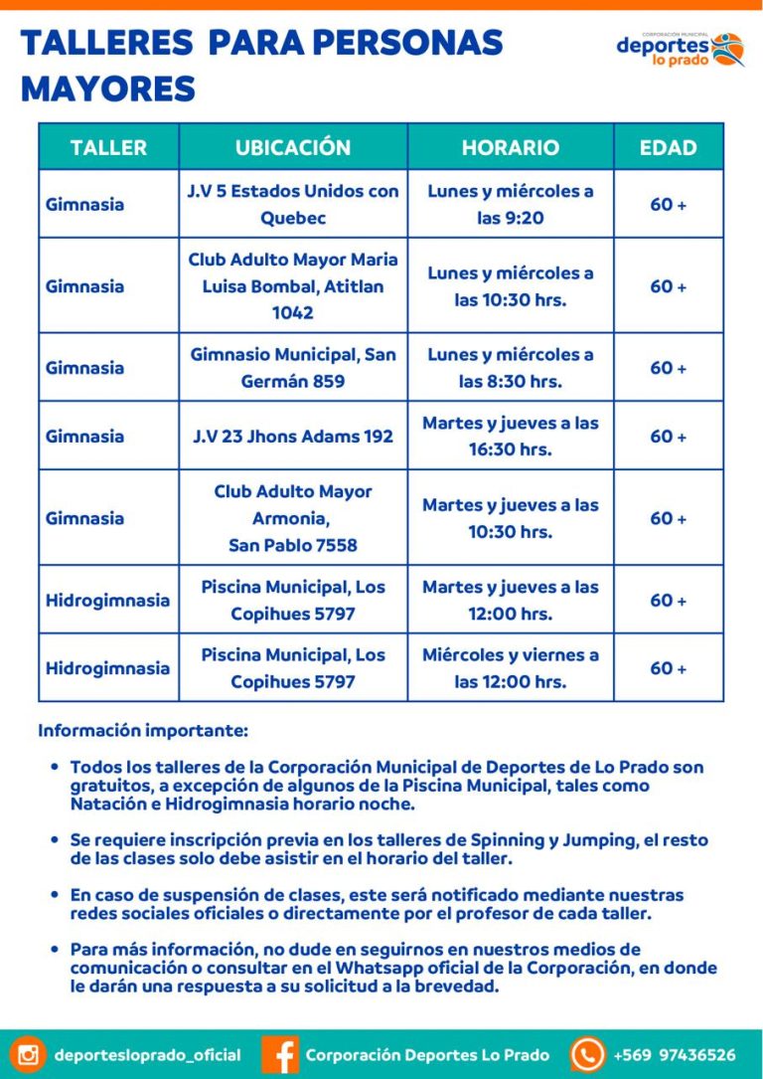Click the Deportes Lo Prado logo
point(680,49)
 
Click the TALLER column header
point(108,147)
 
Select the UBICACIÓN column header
point(293,147)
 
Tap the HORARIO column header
point(511,147)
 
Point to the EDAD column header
point(668,147)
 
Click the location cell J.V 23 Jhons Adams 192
point(293,436)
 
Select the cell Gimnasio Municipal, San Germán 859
point(293,368)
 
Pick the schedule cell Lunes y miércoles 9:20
point(511,204)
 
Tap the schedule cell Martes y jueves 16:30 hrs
point(511,436)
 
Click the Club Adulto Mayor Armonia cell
point(293,518)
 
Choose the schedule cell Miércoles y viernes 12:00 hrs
point(511,668)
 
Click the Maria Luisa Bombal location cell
point(293,286)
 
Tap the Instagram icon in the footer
point(29,1054)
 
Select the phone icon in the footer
point(587,1054)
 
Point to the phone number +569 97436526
point(675,1055)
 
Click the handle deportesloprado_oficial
point(147,1055)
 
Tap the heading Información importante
point(143,731)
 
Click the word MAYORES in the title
point(107,90)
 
